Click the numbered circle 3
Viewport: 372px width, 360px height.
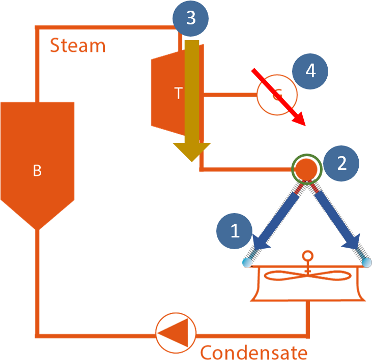click(x=190, y=18)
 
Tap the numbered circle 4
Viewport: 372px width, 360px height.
click(x=310, y=71)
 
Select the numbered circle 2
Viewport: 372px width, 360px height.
click(x=341, y=163)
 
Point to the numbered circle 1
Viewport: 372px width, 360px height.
click(x=235, y=231)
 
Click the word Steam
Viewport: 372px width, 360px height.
click(x=78, y=45)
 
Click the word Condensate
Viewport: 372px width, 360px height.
click(x=254, y=353)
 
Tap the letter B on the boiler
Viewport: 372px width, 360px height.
click(x=37, y=170)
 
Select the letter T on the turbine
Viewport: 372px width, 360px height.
click(x=179, y=93)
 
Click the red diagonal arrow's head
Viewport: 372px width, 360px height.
click(x=299, y=119)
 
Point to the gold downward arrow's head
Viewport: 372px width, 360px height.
click(x=192, y=152)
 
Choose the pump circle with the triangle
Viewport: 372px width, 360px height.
click(x=176, y=333)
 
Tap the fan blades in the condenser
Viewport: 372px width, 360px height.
click(x=307, y=276)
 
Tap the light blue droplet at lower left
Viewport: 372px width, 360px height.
click(x=247, y=263)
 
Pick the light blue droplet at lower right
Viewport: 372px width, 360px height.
click(x=367, y=263)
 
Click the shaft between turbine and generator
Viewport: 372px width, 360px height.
click(x=230, y=95)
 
